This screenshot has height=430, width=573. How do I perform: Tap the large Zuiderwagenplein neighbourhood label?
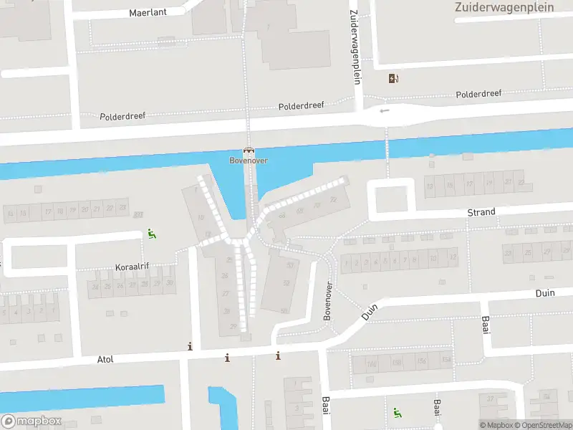pyautogui.click(x=504, y=7)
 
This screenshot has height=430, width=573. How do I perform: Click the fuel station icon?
pyautogui.click(x=393, y=79)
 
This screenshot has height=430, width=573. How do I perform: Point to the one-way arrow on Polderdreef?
pyautogui.click(x=385, y=110)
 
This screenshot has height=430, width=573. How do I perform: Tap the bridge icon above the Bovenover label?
pyautogui.click(x=249, y=150)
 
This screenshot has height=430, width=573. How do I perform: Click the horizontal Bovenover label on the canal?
pyautogui.click(x=249, y=160)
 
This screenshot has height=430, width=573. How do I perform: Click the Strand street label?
pyautogui.click(x=481, y=212)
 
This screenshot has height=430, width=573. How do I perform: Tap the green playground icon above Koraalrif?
pyautogui.click(x=151, y=233)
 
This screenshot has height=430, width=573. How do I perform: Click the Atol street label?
pyautogui.click(x=105, y=359)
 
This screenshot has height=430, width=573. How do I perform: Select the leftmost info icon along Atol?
pyautogui.click(x=190, y=347)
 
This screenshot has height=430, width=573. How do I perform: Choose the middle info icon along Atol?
pyautogui.click(x=227, y=358)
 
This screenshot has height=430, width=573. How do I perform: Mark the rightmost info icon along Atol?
pyautogui.click(x=278, y=355)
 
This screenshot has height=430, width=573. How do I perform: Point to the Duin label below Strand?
pyautogui.click(x=545, y=294)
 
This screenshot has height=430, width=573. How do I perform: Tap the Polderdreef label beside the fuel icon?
pyautogui.click(x=478, y=94)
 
